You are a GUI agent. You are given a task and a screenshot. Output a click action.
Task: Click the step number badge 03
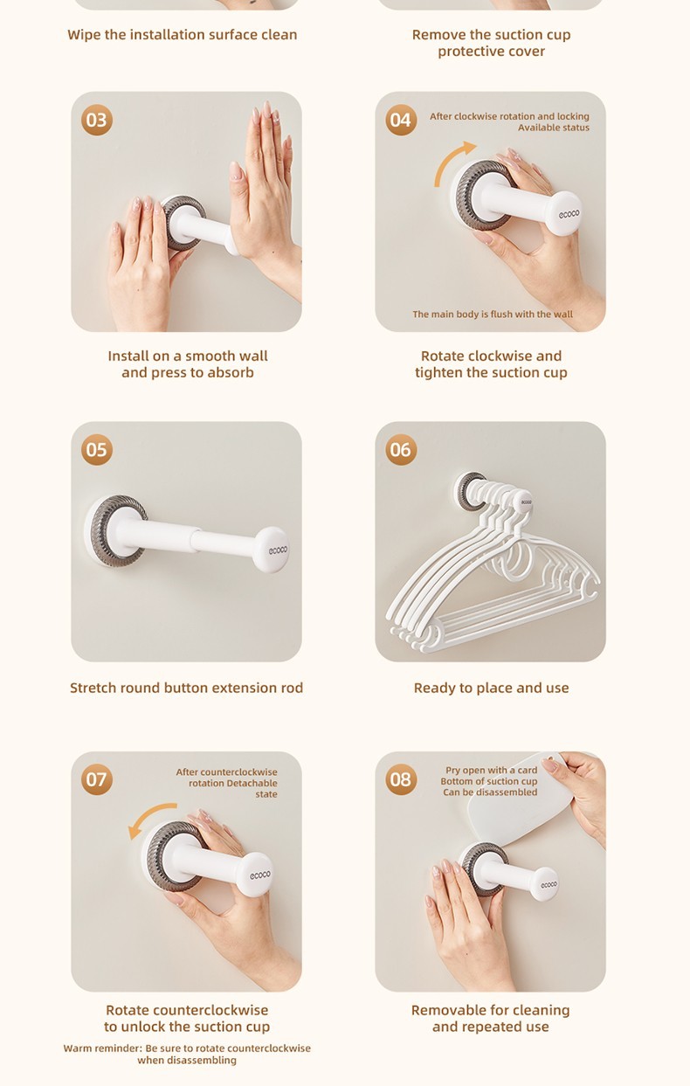pyautogui.click(x=97, y=120)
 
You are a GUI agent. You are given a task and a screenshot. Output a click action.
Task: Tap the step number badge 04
pyautogui.click(x=401, y=120)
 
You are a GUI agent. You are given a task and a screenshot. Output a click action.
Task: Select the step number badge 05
pyautogui.click(x=97, y=449)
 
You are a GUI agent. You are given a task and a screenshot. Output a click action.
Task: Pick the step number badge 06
pyautogui.click(x=401, y=449)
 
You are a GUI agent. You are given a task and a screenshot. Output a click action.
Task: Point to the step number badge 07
pyautogui.click(x=97, y=779)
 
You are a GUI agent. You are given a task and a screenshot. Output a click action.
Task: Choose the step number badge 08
pyautogui.click(x=401, y=779)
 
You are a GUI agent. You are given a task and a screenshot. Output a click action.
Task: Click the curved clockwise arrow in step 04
pyautogui.click(x=448, y=157)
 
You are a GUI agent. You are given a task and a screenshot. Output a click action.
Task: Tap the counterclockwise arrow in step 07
pyautogui.click(x=148, y=813)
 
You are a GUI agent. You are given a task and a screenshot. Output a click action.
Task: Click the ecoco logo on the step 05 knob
pyautogui.click(x=278, y=550)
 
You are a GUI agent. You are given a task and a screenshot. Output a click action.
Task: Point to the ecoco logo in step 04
pyautogui.click(x=569, y=213)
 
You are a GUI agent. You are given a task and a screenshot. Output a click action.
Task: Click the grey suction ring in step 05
pyautogui.click(x=115, y=530)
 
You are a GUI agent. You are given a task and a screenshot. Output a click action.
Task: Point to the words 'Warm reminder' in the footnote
pyautogui.click(x=102, y=1048)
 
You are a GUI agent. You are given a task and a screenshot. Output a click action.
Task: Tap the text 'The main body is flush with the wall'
pyautogui.click(x=493, y=315)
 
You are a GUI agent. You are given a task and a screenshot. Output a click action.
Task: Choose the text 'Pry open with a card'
pyautogui.click(x=492, y=770)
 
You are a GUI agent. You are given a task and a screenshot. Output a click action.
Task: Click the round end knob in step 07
pyautogui.click(x=254, y=875)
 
